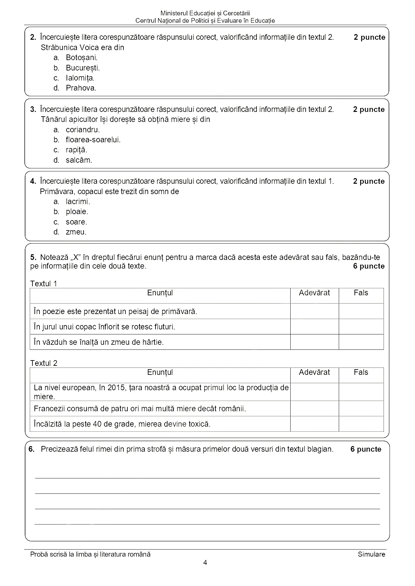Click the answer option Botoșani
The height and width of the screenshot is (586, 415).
coord(81,57)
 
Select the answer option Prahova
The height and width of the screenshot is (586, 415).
coord(81,88)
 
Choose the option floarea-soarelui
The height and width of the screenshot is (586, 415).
coord(93,140)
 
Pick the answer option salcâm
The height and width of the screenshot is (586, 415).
coord(79,160)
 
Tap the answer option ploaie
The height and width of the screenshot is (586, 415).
coord(77,211)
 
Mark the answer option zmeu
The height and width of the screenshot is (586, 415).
coord(76,232)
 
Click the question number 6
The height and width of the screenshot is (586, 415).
coord(32,449)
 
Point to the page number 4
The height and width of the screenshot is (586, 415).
coord(205,563)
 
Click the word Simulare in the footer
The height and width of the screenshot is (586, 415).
coord(371,554)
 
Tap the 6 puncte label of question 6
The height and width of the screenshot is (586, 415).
coord(366,449)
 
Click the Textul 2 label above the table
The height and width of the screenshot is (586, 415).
coord(44,363)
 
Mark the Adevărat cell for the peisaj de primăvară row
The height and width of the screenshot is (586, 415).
coord(314,311)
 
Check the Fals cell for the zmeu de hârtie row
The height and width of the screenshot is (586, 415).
coord(361,342)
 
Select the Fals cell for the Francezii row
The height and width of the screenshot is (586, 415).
coord(361,409)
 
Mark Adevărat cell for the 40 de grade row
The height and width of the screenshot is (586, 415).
coord(314,424)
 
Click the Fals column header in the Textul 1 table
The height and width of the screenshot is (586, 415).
coord(361,293)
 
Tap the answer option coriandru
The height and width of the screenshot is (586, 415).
coord(83,130)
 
